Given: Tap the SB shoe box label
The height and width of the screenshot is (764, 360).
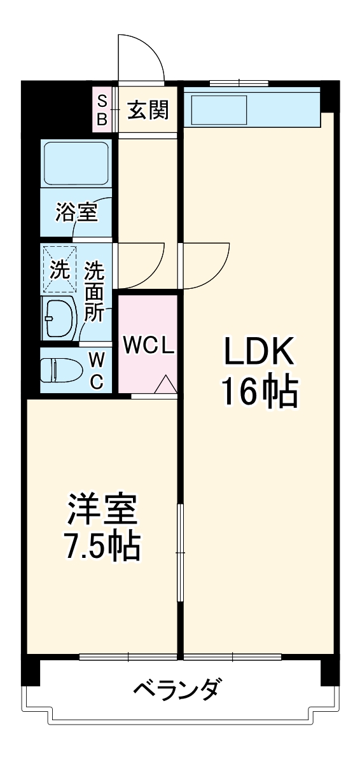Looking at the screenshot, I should [102, 110].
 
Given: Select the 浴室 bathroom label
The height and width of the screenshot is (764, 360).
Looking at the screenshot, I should [76, 212].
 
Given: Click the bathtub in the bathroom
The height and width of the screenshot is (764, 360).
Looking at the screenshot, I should [76, 163].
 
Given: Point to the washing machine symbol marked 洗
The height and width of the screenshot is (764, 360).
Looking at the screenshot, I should [59, 270].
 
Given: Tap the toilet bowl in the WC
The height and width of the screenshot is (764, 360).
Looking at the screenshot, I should [62, 370].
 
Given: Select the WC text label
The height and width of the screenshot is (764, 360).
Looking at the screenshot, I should [96, 370].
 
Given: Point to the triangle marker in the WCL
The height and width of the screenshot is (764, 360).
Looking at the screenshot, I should [165, 385].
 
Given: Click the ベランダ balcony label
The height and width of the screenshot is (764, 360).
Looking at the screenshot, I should [179, 689].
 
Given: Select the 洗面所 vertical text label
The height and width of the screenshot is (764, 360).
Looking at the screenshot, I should [95, 293].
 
